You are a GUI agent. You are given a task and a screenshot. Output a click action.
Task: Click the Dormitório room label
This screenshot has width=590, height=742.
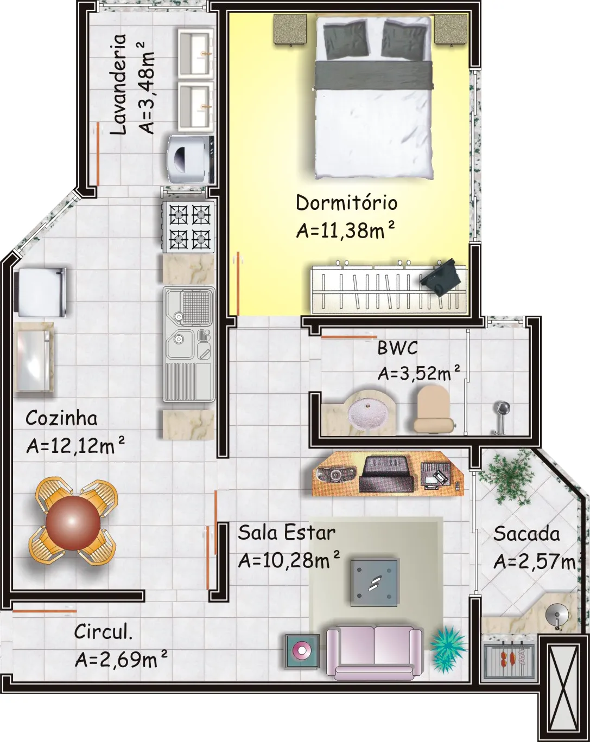coord(346,203)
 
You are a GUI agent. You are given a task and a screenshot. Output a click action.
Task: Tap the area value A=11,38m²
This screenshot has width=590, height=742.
coord(345,230)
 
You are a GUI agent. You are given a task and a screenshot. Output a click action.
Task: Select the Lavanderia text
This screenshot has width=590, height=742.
coord(118,85)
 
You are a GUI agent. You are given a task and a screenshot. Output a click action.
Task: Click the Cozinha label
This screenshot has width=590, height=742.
coord(61,418)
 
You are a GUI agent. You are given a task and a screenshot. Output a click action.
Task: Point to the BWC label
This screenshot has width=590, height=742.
coord(397,348)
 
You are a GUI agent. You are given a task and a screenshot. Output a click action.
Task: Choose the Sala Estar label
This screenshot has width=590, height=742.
coord(287,533)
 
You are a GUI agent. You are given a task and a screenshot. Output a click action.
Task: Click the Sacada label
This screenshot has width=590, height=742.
coord(526,534)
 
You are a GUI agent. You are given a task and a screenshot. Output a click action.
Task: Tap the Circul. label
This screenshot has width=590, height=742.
coord(104,632)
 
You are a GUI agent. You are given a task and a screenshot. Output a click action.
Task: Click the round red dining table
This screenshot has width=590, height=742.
coord(73,523)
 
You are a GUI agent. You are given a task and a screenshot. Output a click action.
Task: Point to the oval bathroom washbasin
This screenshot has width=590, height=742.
coord(366,413)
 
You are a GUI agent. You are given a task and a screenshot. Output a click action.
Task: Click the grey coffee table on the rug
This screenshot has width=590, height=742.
coord(374,583)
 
